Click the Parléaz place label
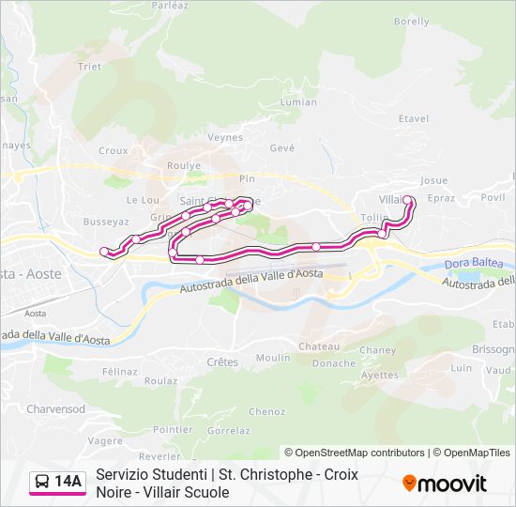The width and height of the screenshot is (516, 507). [x=170, y=5]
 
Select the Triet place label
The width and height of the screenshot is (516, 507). [x=89, y=67]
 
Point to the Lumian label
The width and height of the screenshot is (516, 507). [x=298, y=102]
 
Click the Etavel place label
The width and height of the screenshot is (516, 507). [x=413, y=118]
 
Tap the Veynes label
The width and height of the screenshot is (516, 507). [x=225, y=137]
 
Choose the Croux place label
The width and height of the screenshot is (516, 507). [x=113, y=150]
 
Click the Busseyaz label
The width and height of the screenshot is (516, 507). [x=105, y=223]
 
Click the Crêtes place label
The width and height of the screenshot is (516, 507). [x=222, y=361]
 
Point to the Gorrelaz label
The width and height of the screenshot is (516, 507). [x=228, y=431]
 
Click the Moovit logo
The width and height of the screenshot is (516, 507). [x=445, y=484]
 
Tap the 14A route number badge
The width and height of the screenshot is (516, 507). [x=68, y=482]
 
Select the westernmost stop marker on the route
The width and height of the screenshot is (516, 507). [x=104, y=252]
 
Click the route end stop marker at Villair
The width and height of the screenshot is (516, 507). [x=408, y=199]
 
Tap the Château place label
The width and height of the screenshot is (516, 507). [x=319, y=346]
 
